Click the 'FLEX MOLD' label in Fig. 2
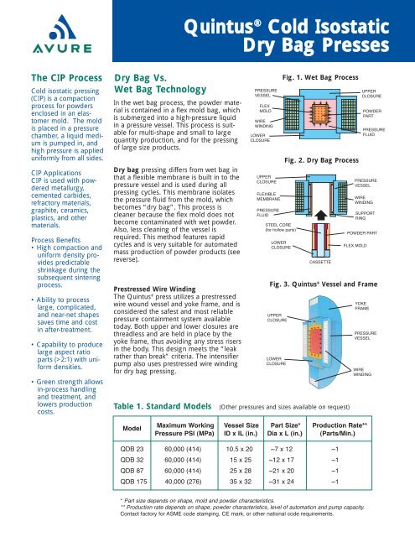click(357, 244)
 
